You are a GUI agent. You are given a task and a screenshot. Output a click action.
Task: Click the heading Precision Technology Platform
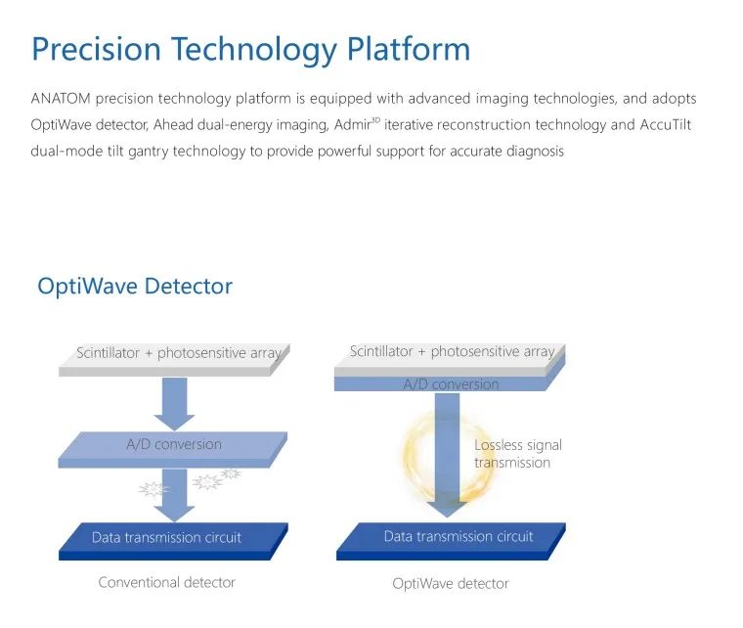(250, 49)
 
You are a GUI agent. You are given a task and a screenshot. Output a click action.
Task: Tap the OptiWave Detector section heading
(135, 287)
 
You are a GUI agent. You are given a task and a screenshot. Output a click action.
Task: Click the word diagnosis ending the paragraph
(532, 152)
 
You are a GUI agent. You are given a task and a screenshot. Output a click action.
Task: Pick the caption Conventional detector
(167, 582)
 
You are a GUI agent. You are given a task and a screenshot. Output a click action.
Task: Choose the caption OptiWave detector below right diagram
(451, 583)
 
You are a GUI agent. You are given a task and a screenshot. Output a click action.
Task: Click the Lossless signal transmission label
(518, 454)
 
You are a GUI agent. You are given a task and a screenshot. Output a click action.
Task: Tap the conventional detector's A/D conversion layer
(174, 445)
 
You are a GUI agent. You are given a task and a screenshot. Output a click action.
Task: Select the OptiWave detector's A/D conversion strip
(451, 384)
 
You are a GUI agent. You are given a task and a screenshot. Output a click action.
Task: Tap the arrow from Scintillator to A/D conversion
(175, 401)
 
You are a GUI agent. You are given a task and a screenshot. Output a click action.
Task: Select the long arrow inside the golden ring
(449, 450)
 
